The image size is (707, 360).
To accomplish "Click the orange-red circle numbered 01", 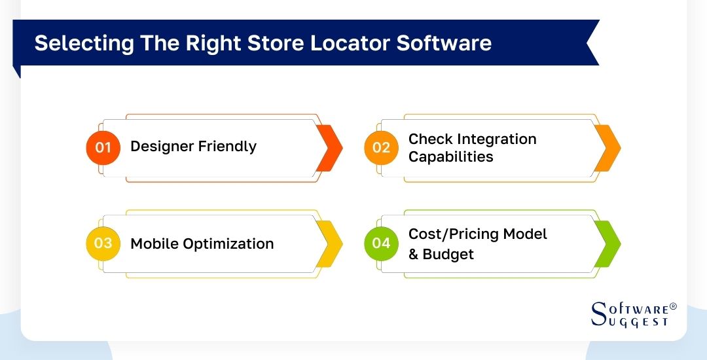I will (103, 147).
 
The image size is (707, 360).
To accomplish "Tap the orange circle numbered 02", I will (381, 147).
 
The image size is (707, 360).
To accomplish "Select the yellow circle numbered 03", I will (103, 243).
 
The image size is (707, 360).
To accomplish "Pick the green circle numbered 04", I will (381, 243).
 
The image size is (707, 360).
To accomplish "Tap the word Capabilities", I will (450, 157).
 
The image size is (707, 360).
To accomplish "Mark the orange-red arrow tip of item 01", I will (330, 147).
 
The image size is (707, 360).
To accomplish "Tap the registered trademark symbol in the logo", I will (674, 306).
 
